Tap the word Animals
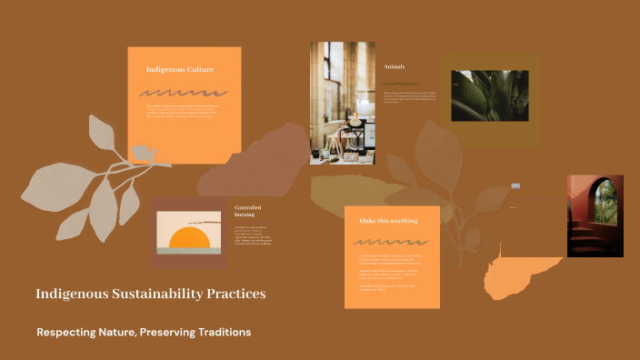[395, 66]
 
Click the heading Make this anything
[388, 221]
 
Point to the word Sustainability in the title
[145, 295]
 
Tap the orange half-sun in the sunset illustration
[190, 238]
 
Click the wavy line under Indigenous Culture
[183, 93]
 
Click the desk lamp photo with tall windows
[344, 103]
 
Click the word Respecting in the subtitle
[70, 333]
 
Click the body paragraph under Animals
[408, 96]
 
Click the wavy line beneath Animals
[401, 83]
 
